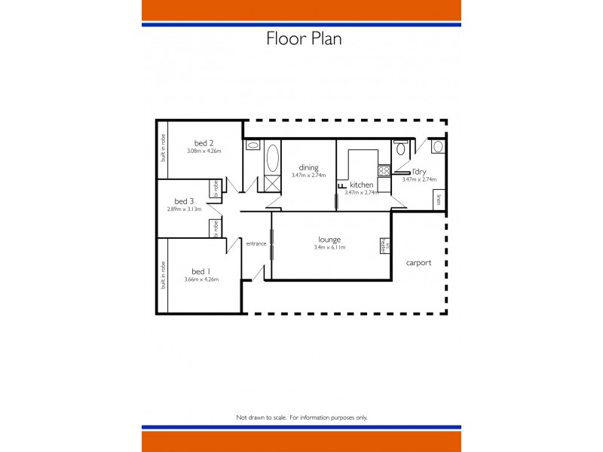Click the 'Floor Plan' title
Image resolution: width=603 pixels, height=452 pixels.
pyautogui.click(x=304, y=38)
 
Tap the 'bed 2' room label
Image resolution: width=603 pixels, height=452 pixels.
pyautogui.click(x=204, y=143)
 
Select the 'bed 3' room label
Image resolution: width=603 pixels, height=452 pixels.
pyautogui.click(x=184, y=201)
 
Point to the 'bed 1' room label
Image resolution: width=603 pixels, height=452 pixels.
pyautogui.click(x=199, y=271)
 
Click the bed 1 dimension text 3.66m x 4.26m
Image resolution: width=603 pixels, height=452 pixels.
pyautogui.click(x=200, y=279)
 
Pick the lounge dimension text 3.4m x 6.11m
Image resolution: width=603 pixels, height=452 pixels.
pyautogui.click(x=329, y=247)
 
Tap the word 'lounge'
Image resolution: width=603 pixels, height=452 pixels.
pyautogui.click(x=329, y=240)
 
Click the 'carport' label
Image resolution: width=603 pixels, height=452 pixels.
pyautogui.click(x=418, y=263)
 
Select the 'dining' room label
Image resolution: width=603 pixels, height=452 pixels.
pyautogui.click(x=308, y=167)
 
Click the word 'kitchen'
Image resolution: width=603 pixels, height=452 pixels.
pyautogui.click(x=362, y=185)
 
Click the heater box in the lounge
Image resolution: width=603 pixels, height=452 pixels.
pyautogui.click(x=383, y=245)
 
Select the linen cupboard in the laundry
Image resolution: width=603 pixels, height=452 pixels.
pyautogui.click(x=439, y=200)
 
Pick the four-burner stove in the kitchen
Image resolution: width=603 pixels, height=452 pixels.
pyautogui.click(x=383, y=171)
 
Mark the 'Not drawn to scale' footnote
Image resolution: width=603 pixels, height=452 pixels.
pyautogui.click(x=301, y=417)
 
